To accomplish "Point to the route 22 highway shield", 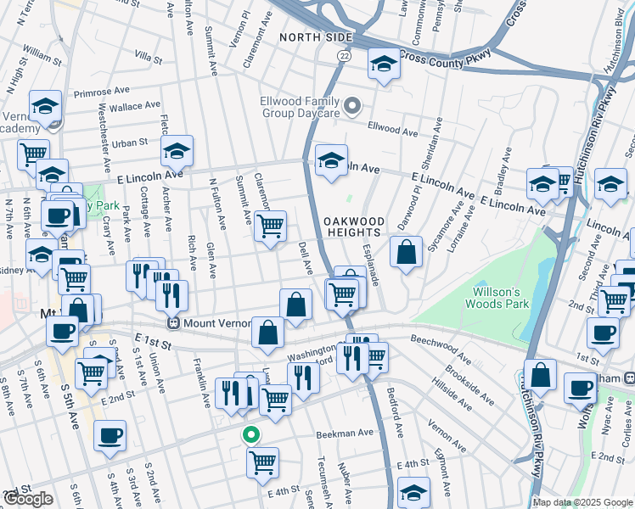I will (343, 55).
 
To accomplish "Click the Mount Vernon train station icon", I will (174, 323).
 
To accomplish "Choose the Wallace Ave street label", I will (133, 106).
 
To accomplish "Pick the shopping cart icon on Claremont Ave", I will (270, 227).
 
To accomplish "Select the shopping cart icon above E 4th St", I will (263, 463).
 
